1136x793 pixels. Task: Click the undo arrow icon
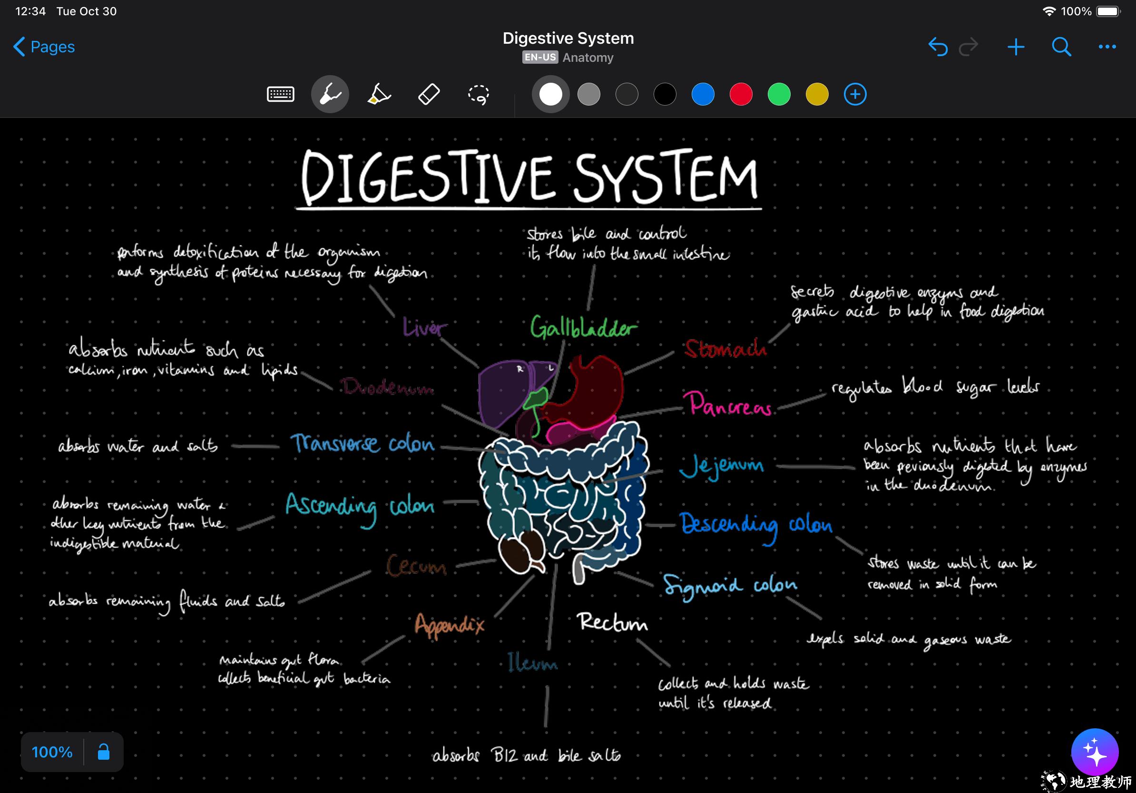(938, 47)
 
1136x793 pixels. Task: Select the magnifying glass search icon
(1061, 47)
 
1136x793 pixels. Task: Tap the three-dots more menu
(1107, 47)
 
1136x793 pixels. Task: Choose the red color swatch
(741, 95)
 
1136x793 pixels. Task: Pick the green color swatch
(779, 95)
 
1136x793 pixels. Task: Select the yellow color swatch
(817, 95)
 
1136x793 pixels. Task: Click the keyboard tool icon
(281, 94)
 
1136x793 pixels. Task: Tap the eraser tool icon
(429, 94)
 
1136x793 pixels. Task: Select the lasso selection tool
(479, 95)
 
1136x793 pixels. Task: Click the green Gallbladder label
(583, 328)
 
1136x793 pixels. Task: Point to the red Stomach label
(725, 348)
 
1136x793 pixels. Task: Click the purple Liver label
(424, 327)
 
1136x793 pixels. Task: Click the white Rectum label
(613, 622)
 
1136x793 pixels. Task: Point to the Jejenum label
(721, 466)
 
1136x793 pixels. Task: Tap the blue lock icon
(103, 752)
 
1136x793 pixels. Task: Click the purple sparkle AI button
(1095, 752)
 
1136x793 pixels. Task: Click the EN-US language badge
(540, 58)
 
